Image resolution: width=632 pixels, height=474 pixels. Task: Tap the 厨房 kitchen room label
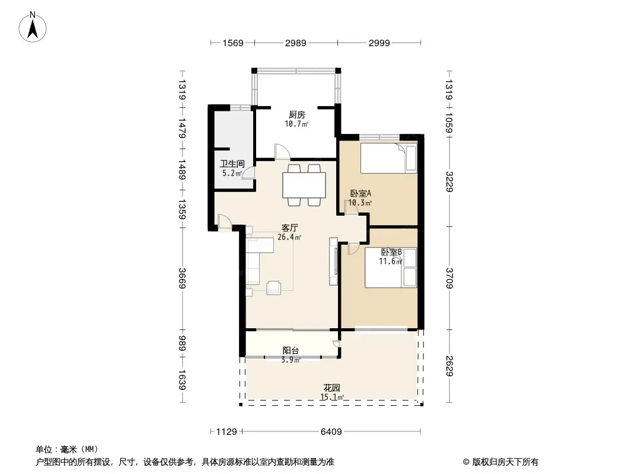[x=296, y=115]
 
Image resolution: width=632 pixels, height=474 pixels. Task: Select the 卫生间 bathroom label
[x=232, y=164]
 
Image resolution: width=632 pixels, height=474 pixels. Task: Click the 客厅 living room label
[x=289, y=228]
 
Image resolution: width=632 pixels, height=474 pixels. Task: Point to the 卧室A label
[x=360, y=193]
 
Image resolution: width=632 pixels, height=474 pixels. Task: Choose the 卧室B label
[x=391, y=252]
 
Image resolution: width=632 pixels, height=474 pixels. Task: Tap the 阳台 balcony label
[x=290, y=350]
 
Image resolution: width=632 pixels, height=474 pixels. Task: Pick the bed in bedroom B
[x=391, y=267]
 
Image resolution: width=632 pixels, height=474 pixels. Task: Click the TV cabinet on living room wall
[x=333, y=261]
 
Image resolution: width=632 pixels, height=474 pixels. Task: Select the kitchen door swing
[x=282, y=152]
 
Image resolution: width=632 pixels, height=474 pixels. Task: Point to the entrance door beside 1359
[x=225, y=222]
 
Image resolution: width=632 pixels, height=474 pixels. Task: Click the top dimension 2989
[x=295, y=43]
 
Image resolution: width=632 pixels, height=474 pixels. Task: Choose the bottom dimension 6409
[x=331, y=432]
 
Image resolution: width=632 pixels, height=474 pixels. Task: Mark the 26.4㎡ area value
[x=289, y=238]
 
